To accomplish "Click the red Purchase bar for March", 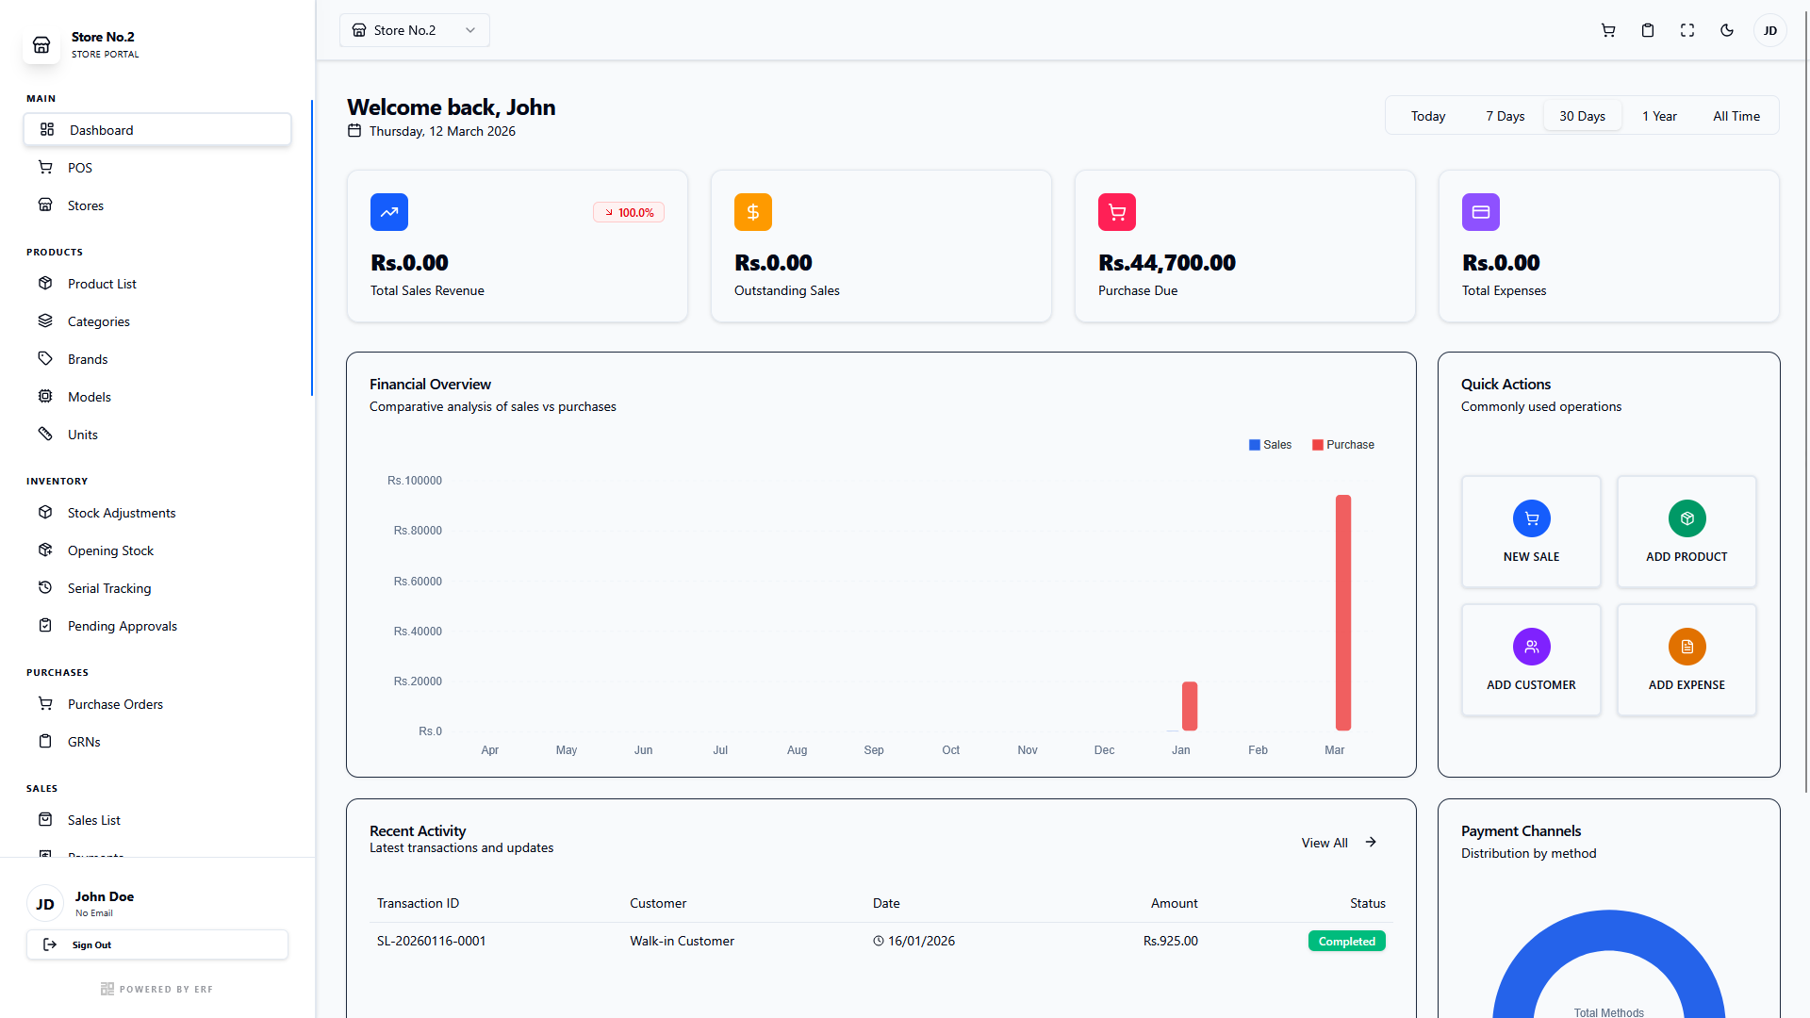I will pyautogui.click(x=1343, y=613).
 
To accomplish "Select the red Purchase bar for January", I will pyautogui.click(x=1190, y=706).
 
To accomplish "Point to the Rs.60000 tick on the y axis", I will pyautogui.click(x=418, y=582).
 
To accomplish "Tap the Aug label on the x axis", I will pyautogui.click(x=797, y=750).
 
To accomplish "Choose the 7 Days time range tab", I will pyautogui.click(x=1505, y=116).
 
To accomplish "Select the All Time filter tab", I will pyautogui.click(x=1736, y=116).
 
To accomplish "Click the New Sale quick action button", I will pyautogui.click(x=1531, y=532).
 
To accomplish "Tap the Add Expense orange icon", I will pyautogui.click(x=1687, y=647).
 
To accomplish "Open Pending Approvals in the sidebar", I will pyautogui.click(x=122, y=626).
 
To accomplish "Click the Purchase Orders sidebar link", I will pyautogui.click(x=115, y=704).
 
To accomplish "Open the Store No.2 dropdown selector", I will pyautogui.click(x=415, y=30).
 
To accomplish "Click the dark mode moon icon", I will pyautogui.click(x=1727, y=30).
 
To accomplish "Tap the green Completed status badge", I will pyautogui.click(x=1346, y=941).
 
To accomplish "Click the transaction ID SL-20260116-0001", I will pyautogui.click(x=431, y=941).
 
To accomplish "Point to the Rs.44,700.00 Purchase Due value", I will pyautogui.click(x=1166, y=263).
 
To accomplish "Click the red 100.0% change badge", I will pyautogui.click(x=629, y=213).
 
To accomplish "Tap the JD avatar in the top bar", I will pyautogui.click(x=1769, y=30).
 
